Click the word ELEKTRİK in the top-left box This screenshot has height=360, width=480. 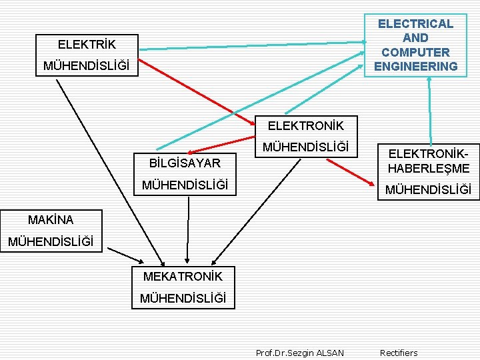click(x=86, y=45)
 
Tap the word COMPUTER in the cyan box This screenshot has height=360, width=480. click(x=415, y=52)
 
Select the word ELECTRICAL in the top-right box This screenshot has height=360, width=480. click(x=415, y=24)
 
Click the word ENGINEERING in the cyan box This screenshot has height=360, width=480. click(x=415, y=66)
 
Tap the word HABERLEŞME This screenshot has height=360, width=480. click(x=429, y=168)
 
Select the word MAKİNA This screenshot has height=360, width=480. click(x=51, y=219)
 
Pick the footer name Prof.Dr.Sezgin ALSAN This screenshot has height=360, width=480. click(x=300, y=353)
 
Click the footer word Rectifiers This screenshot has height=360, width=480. click(x=399, y=353)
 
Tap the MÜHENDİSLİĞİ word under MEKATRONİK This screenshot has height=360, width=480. click(x=183, y=298)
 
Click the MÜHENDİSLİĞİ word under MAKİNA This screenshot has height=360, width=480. click(x=51, y=241)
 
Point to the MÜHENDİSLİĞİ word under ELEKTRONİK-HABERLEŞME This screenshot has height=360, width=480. click(x=429, y=190)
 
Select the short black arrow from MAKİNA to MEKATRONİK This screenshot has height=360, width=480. click(x=125, y=256)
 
